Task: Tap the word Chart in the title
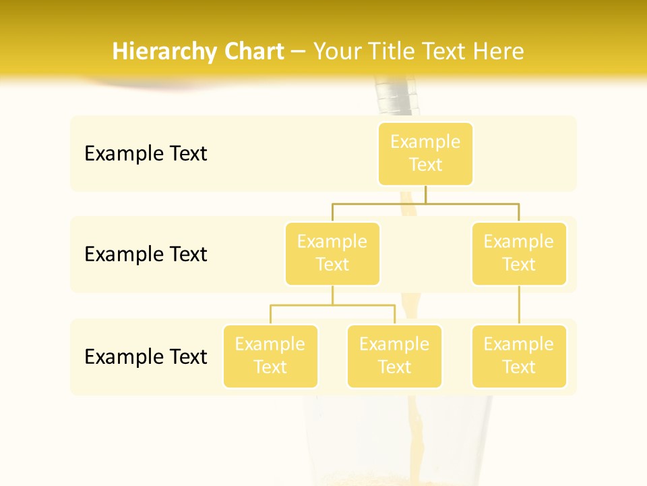click(253, 51)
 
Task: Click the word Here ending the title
click(499, 51)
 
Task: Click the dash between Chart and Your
click(299, 52)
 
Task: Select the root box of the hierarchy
click(425, 154)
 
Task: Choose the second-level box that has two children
click(332, 254)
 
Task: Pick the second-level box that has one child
click(519, 254)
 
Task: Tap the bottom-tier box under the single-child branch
click(519, 356)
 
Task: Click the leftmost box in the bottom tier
click(270, 356)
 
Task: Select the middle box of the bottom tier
click(394, 356)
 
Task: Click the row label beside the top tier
click(146, 154)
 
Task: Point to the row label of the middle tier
click(146, 254)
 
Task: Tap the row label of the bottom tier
click(146, 356)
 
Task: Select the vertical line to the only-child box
click(519, 305)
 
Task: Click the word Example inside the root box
click(425, 142)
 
